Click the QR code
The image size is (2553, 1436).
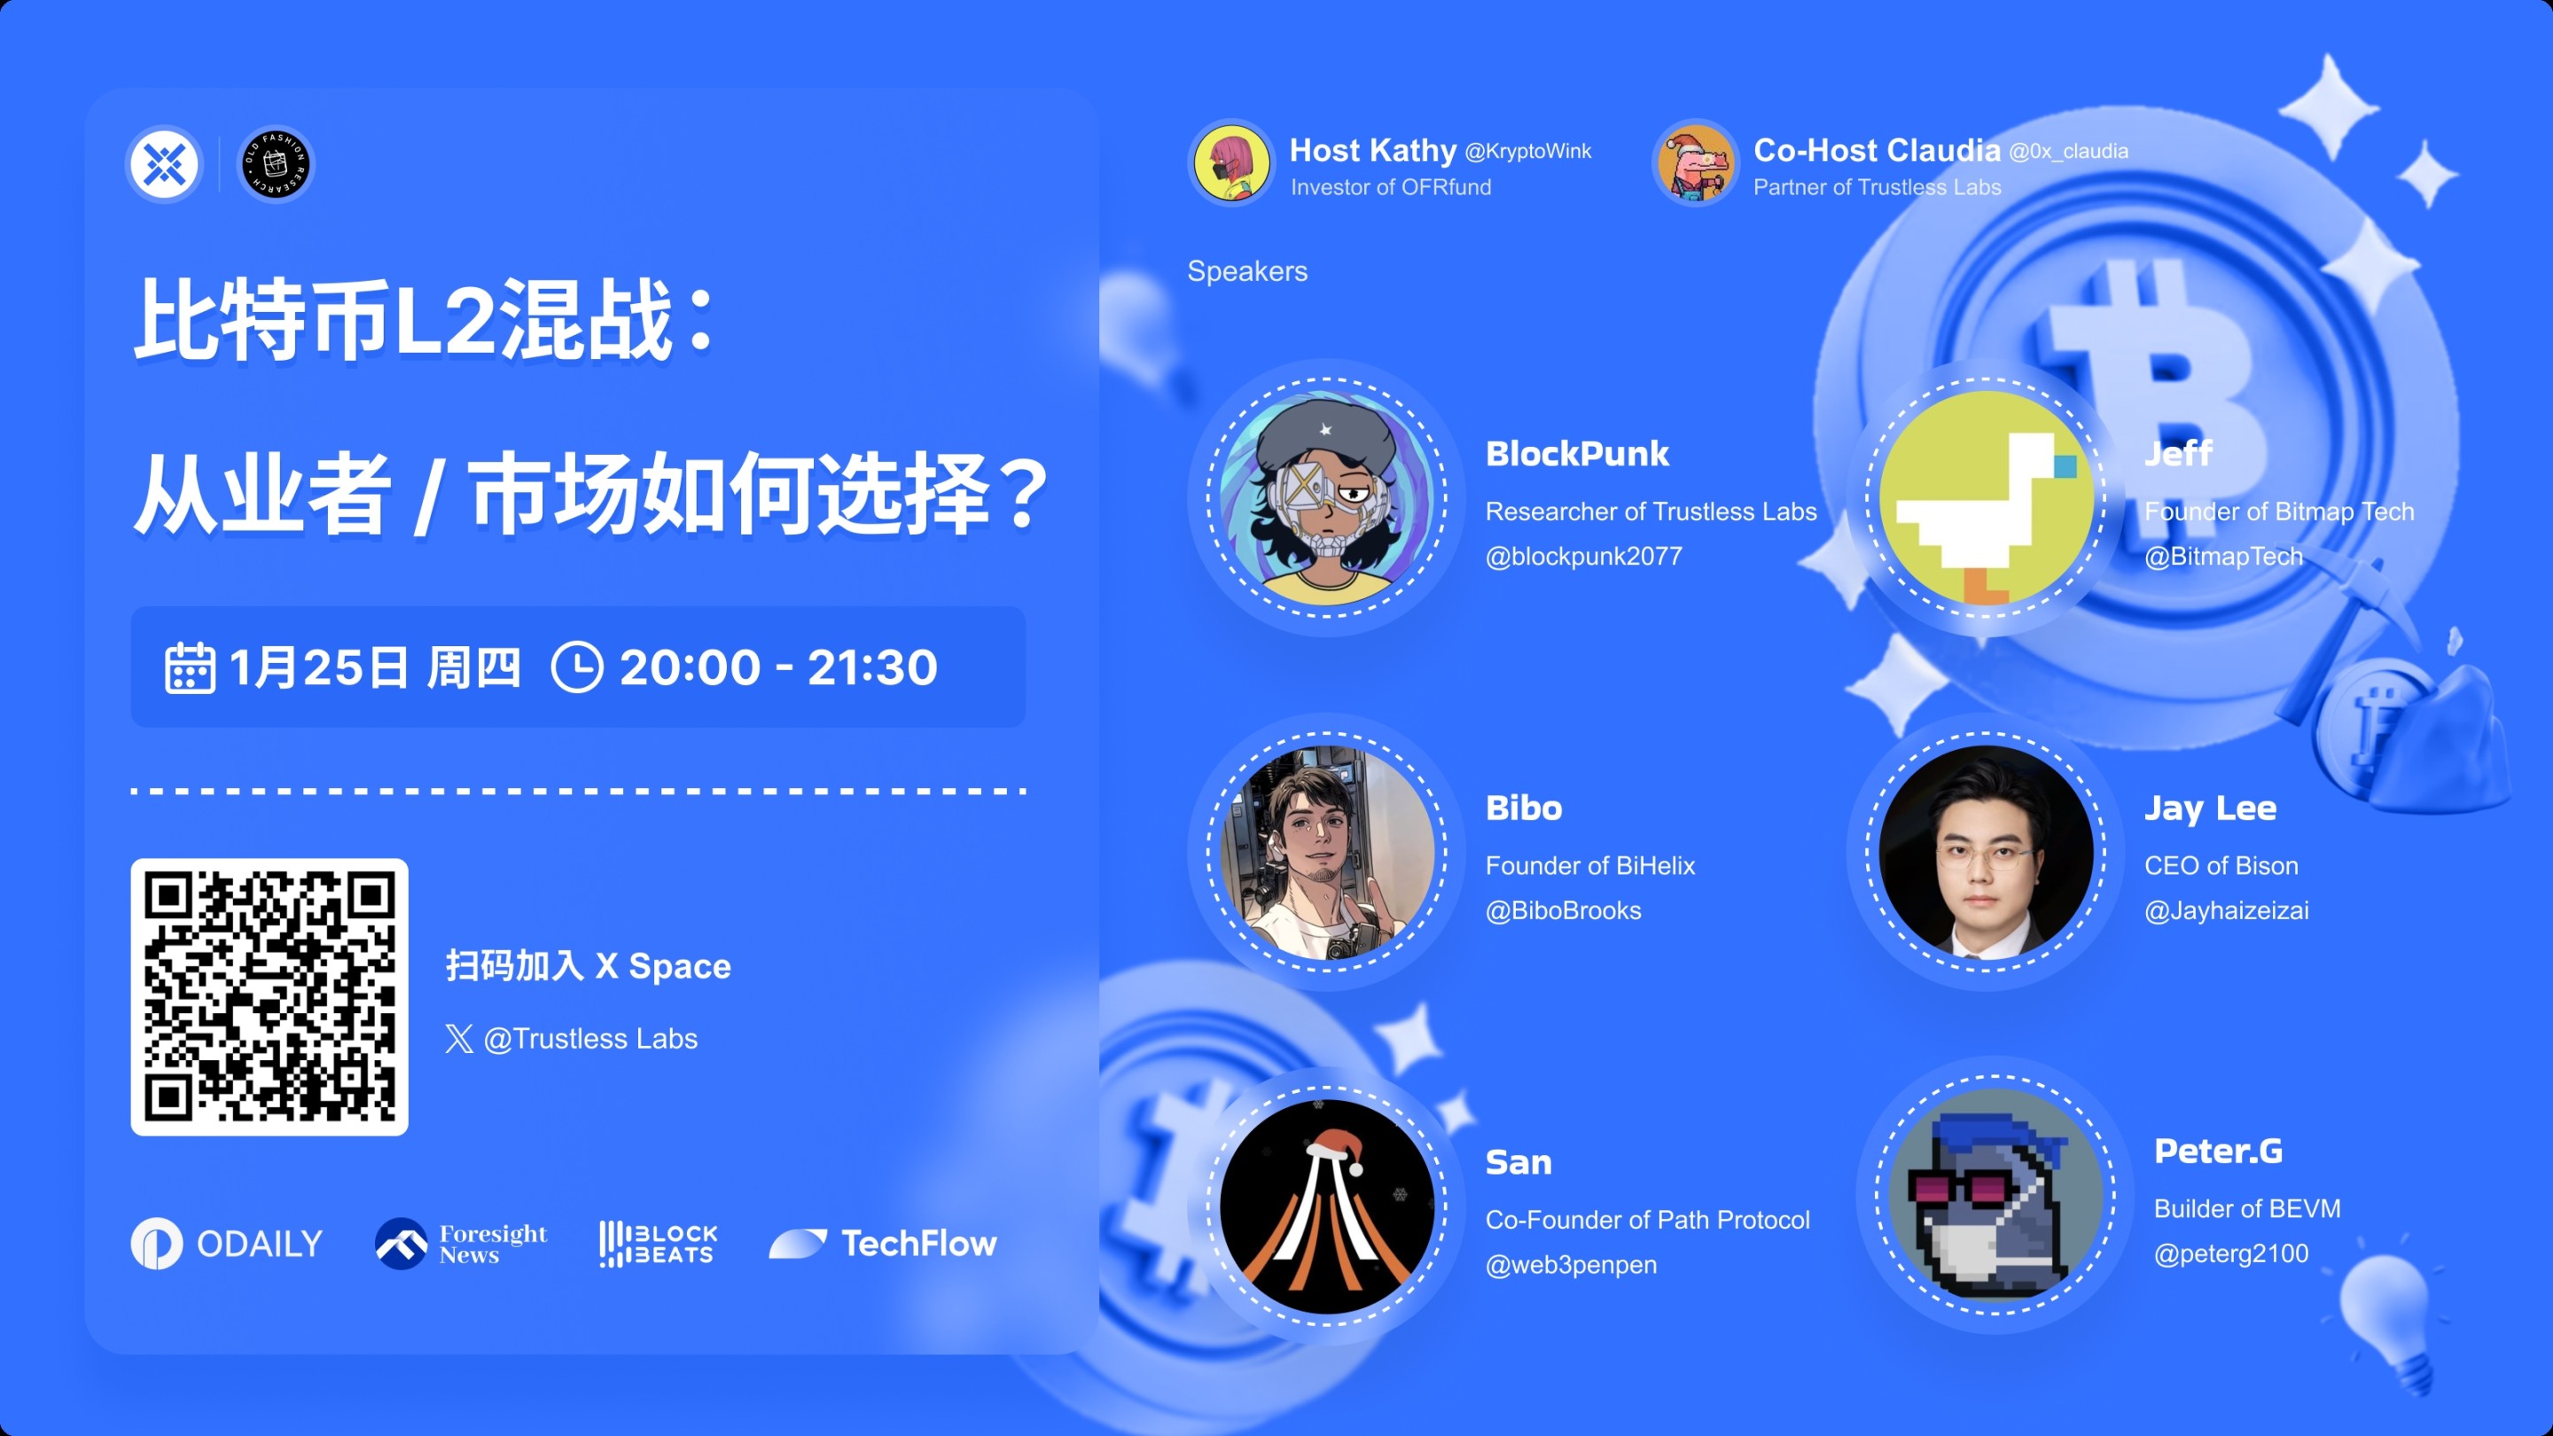269,996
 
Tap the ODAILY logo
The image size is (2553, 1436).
227,1243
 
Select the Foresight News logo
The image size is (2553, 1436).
461,1243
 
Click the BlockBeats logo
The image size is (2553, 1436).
658,1243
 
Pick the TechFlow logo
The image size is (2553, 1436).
883,1243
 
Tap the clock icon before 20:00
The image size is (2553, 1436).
577,666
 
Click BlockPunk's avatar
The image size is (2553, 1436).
1326,497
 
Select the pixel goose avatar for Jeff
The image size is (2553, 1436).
1985,497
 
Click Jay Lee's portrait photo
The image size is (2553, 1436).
1985,851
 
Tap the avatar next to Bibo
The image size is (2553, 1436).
1326,851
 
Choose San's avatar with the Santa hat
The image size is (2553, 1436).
1326,1206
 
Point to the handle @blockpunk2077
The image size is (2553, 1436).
1582,556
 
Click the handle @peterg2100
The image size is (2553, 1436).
2231,1253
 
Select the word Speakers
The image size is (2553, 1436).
1246,270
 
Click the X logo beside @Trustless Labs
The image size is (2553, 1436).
459,1039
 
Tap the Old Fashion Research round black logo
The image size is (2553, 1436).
277,163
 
